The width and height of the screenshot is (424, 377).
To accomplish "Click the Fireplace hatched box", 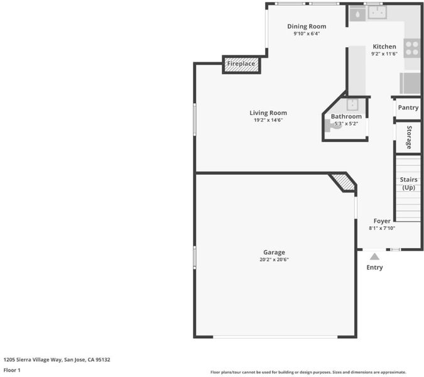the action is click(241, 65).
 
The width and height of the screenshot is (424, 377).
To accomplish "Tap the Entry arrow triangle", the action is click(374, 256).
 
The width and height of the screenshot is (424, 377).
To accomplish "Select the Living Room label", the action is click(268, 112).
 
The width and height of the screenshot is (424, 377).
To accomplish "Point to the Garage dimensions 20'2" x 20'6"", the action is click(275, 260).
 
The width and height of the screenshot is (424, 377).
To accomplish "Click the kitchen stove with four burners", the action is click(412, 48).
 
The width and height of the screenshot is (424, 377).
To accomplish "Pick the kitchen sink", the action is click(378, 12).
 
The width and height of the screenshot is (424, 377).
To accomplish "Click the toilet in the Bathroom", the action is click(333, 126).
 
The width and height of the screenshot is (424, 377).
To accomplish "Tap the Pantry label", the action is click(408, 107).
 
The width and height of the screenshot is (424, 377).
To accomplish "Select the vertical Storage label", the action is click(409, 138).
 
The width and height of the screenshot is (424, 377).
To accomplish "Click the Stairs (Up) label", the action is click(408, 183).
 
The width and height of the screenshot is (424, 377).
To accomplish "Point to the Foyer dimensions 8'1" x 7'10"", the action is click(382, 228).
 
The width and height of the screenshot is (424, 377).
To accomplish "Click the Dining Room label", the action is click(307, 26).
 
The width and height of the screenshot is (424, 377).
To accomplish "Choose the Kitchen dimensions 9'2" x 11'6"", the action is click(384, 53).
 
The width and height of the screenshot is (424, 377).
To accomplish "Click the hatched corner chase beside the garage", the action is click(344, 182).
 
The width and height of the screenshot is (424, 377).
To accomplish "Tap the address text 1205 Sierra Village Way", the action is click(33, 359).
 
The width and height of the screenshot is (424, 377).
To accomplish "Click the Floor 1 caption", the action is click(12, 370).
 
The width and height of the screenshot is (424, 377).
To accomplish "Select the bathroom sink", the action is click(352, 105).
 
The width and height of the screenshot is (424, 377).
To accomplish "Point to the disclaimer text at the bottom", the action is click(308, 372).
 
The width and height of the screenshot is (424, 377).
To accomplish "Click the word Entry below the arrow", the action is click(374, 268).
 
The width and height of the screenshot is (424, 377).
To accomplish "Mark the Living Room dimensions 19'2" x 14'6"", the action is click(268, 120).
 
